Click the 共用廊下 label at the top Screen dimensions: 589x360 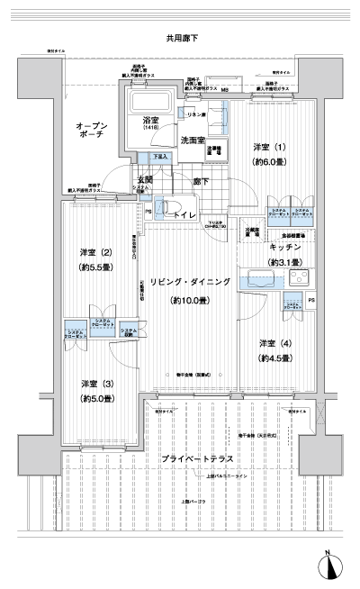tap(182, 39)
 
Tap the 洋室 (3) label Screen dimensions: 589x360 tap(94, 384)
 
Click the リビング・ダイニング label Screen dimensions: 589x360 tap(190, 282)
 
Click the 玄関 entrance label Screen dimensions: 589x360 tap(143, 178)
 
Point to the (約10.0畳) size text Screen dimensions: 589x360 tap(190, 300)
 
